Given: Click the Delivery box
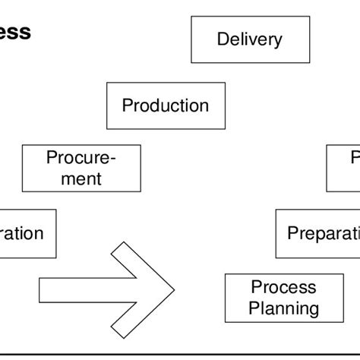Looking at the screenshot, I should coord(250,39).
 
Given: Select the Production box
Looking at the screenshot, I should coord(166,106).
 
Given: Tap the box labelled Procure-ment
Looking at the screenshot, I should coord(81,168).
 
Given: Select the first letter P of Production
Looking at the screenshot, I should coord(127,106).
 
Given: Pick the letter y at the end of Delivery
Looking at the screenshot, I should coord(278,42).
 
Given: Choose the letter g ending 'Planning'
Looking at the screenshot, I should coord(314,311).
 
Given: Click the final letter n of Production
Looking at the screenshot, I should coord(204,106).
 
